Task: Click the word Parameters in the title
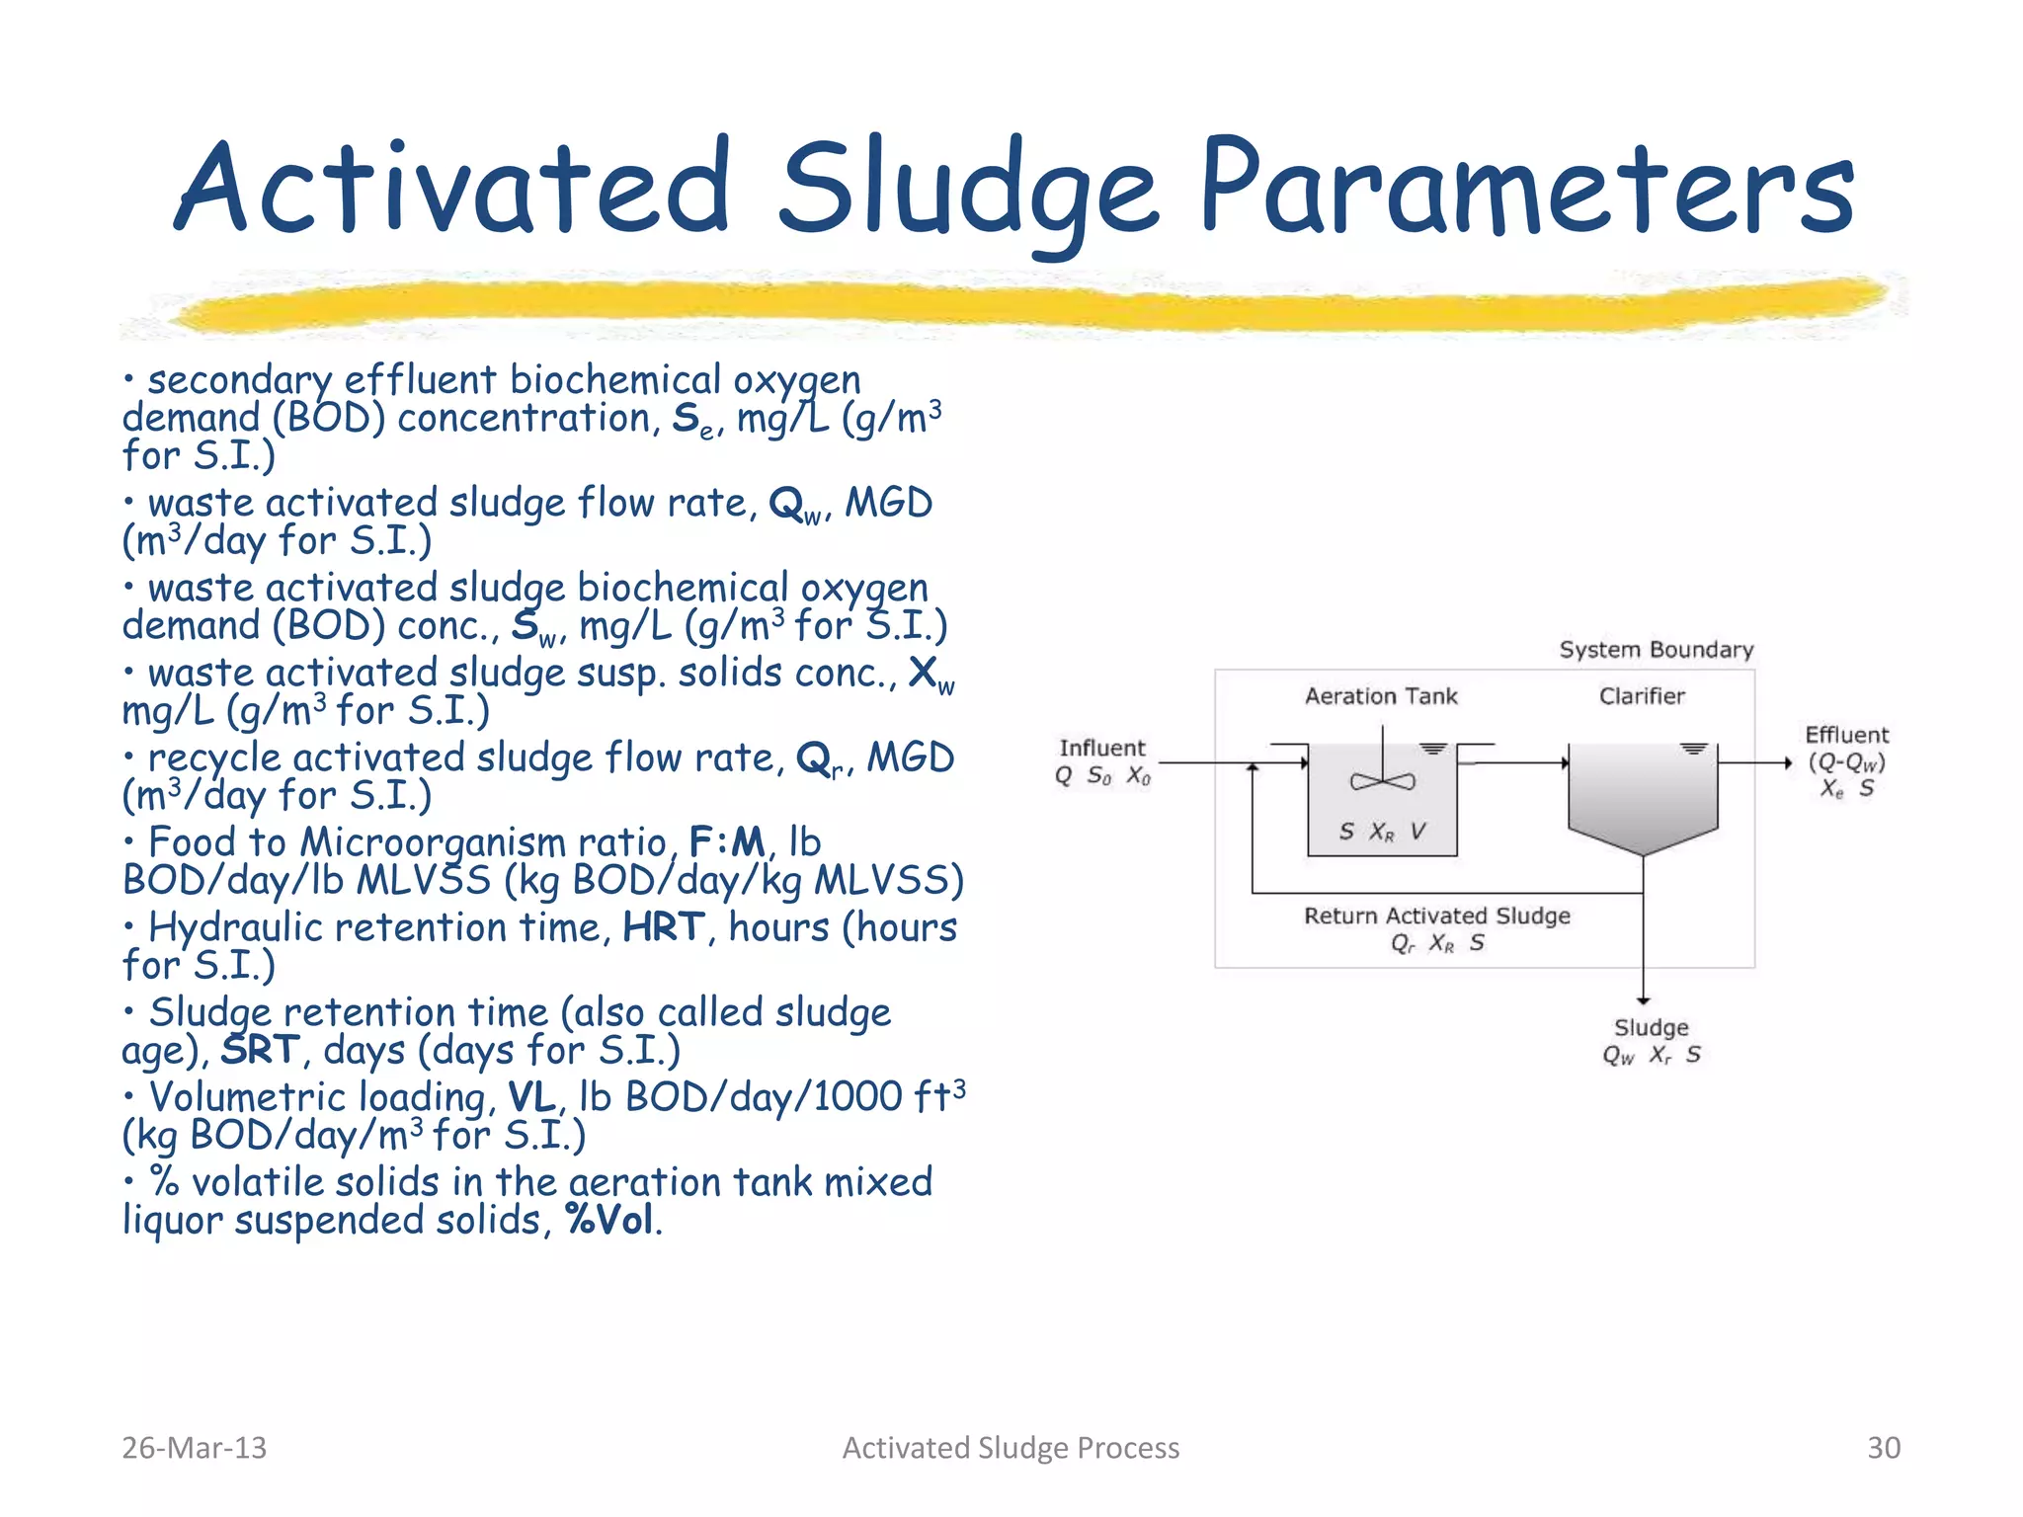1526,188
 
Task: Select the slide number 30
1883,1447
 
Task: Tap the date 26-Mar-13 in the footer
194,1447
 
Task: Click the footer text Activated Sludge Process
1011,1447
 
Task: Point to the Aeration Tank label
1380,696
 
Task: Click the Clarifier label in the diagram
1642,696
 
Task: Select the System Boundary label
1656,650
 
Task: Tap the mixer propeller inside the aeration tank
1382,781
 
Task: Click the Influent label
1101,748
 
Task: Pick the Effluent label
1846,735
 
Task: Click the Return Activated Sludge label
1436,916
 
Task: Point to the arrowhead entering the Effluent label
1787,762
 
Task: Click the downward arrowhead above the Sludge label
1643,999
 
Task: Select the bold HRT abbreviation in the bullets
663,927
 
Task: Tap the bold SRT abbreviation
259,1050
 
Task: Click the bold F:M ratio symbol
726,842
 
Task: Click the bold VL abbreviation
531,1097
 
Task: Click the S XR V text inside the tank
1382,832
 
